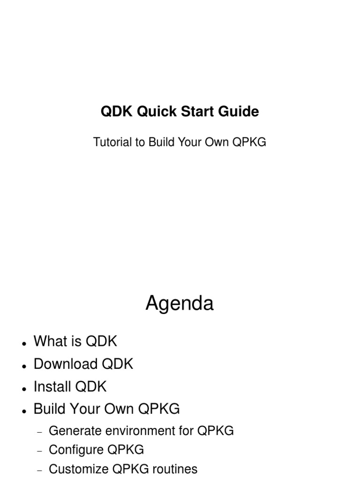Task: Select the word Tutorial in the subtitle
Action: [x=113, y=142]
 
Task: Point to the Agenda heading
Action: [x=180, y=303]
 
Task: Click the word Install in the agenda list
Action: [x=52, y=387]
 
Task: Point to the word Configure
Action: [x=76, y=450]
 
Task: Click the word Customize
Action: [x=78, y=469]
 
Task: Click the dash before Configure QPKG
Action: [x=39, y=451]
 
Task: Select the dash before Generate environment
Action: [x=39, y=432]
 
